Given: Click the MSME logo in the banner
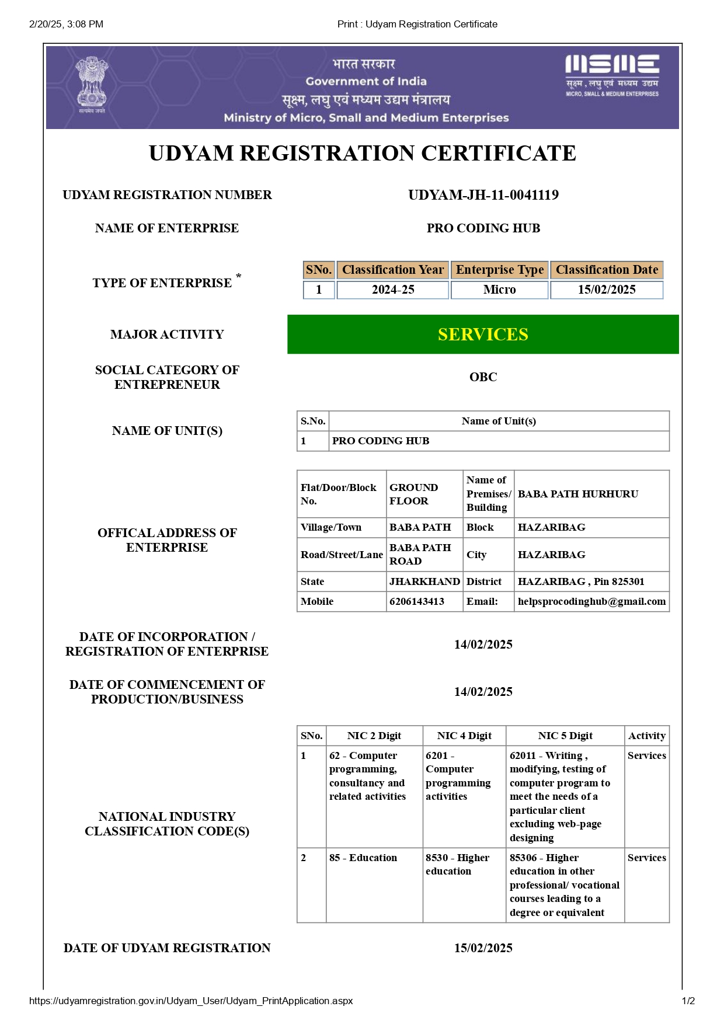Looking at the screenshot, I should pos(612,75).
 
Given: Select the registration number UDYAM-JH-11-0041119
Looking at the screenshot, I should pos(483,195).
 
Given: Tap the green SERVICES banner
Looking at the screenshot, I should pos(483,335).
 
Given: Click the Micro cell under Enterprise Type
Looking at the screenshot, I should pos(499,290).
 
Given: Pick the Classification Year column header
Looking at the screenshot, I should pos(392,270).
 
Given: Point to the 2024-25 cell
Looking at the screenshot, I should pos(392,290).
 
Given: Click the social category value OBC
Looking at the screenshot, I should pos(483,377).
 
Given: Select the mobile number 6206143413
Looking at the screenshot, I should pos(417,601).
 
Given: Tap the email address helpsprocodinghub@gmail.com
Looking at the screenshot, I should pos(591,601).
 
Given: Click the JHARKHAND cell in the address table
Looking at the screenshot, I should pos(424,581).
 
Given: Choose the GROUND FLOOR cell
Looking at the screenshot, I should pos(413,494).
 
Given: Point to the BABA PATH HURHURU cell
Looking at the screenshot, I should pos(577,494).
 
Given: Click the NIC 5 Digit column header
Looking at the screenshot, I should pos(565,736).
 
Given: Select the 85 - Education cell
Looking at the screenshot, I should pos(363,858).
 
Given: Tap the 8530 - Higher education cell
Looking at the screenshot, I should pos(457,864).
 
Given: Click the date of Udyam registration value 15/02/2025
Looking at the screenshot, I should pos(483,948).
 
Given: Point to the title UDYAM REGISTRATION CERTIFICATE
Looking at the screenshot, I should pos(362,154).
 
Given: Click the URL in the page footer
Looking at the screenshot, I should pos(191,1001).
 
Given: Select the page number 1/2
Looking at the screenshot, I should pos(688,1001).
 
